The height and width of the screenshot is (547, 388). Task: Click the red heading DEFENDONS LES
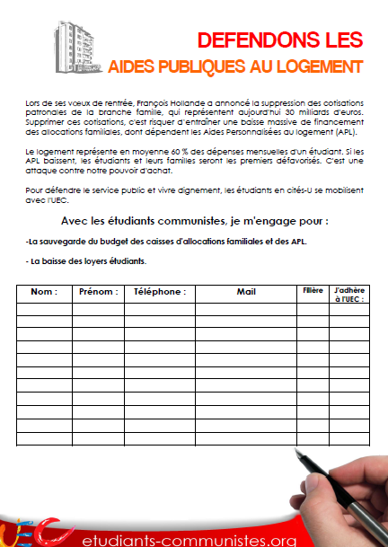(x=279, y=40)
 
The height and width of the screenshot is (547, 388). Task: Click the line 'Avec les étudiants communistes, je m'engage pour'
(x=195, y=221)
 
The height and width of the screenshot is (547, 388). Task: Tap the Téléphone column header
(x=159, y=292)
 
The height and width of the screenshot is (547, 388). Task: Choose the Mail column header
(x=245, y=292)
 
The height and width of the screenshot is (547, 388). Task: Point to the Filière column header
(x=312, y=291)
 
